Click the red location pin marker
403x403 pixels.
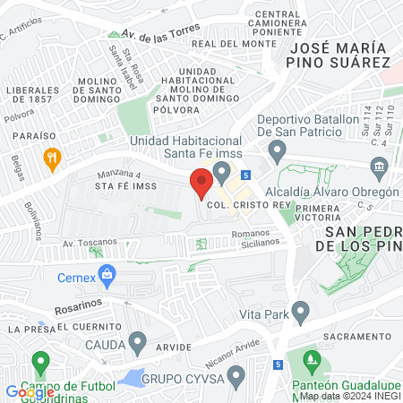tap(201, 184)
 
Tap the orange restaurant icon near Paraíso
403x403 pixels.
tap(52, 159)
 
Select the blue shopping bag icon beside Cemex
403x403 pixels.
tap(107, 274)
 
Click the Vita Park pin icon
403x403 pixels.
tap(300, 314)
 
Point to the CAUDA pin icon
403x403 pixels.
tap(137, 342)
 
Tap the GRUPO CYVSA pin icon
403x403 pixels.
tap(236, 375)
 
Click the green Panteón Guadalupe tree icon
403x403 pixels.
tap(311, 363)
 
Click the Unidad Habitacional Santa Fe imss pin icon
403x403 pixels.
tap(223, 170)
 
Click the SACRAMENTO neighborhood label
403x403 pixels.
tap(356, 335)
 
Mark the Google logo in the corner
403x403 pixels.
tap(29, 392)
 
